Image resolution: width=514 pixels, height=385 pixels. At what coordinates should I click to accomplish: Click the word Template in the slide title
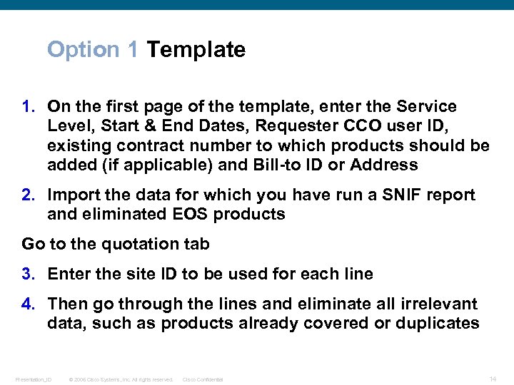click(x=196, y=50)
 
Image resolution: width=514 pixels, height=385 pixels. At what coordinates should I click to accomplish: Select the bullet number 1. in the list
click(x=29, y=107)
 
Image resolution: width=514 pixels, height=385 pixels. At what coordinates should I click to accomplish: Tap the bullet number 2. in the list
click(x=29, y=195)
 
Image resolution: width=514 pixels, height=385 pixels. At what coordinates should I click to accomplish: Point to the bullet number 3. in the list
click(x=29, y=274)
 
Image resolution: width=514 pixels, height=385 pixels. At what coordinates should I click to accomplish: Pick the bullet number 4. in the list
click(x=29, y=304)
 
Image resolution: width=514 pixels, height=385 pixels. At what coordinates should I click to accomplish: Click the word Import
click(x=73, y=195)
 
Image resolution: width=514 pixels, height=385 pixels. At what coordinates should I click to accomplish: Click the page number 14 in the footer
click(x=493, y=379)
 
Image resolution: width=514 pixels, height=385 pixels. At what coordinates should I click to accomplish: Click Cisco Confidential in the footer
click(x=203, y=379)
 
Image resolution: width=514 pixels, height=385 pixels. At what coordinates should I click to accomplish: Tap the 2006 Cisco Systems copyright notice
click(x=121, y=379)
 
